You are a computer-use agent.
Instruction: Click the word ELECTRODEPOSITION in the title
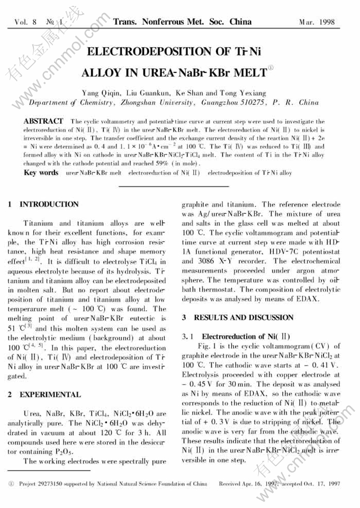coord(150,52)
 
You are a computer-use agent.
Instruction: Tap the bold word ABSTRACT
coord(43,122)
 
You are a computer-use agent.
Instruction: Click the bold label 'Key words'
coord(41,173)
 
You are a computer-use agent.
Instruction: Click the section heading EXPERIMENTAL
coord(50,395)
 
